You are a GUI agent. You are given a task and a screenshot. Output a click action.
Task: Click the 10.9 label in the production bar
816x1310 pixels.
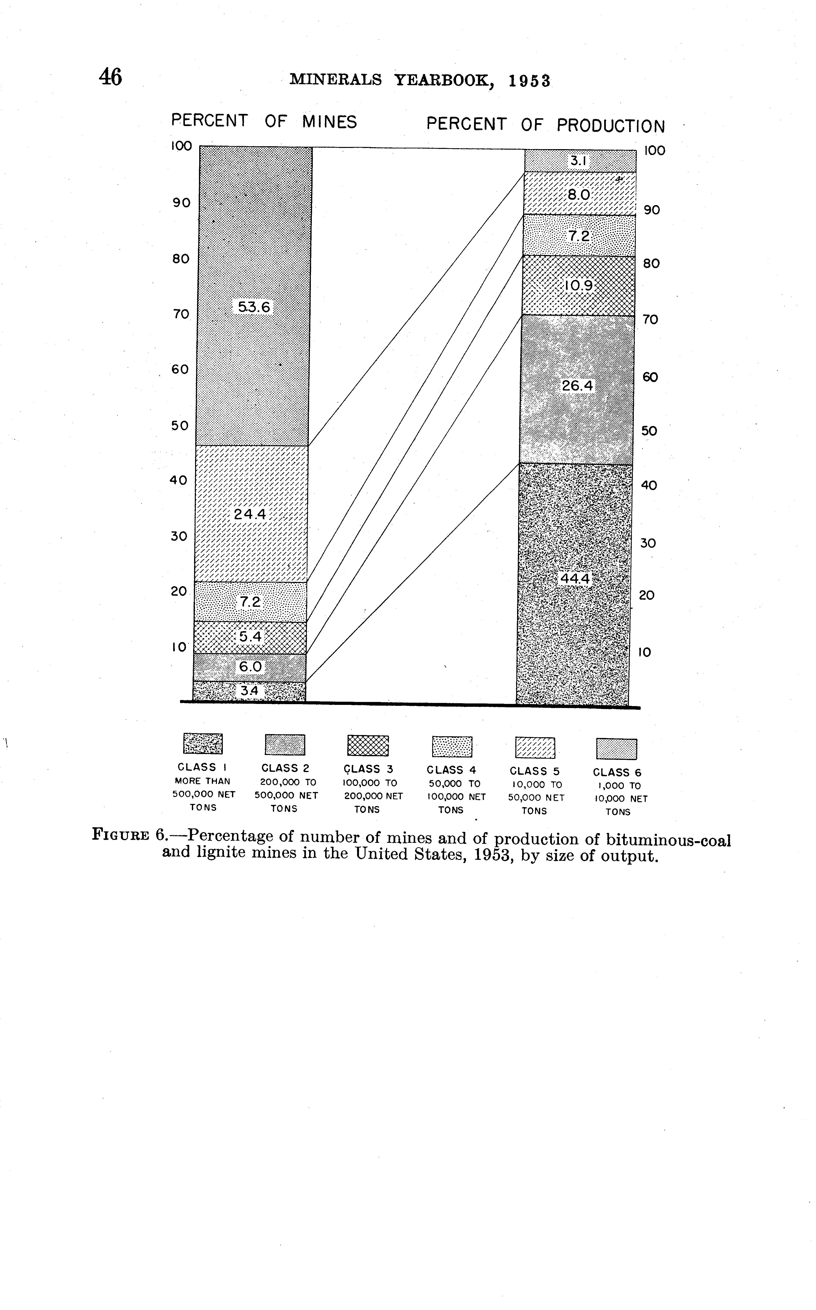[579, 285]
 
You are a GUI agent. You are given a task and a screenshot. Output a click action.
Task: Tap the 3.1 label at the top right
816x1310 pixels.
[579, 161]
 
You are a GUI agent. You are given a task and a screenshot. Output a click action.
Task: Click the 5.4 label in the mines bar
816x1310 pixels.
[251, 637]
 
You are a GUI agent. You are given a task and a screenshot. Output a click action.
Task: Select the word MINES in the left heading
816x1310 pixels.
[329, 122]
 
